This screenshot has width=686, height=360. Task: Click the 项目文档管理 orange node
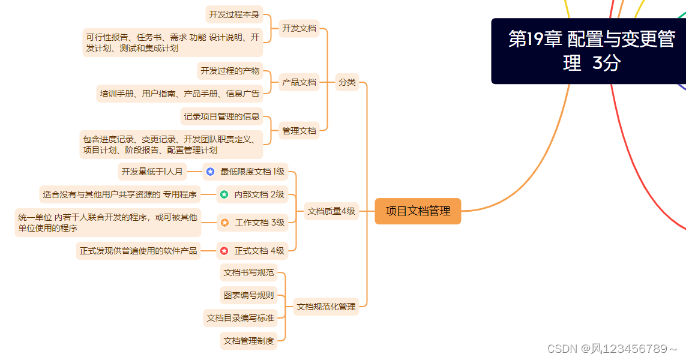click(418, 211)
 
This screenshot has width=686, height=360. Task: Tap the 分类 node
click(347, 82)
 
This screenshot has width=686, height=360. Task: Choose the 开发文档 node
click(299, 28)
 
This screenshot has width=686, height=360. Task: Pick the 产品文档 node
click(299, 82)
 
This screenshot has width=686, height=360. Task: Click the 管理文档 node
click(299, 131)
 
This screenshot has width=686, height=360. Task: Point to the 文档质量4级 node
click(331, 211)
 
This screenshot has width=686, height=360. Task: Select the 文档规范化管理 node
click(326, 307)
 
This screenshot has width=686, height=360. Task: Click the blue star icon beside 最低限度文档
click(210, 172)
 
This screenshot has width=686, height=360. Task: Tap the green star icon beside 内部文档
click(224, 194)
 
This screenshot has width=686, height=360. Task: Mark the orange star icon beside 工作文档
click(224, 223)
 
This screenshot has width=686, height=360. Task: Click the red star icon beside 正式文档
click(224, 251)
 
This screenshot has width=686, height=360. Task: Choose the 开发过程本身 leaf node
click(234, 14)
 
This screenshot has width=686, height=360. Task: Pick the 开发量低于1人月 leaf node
click(152, 172)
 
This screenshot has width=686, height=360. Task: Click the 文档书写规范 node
click(248, 272)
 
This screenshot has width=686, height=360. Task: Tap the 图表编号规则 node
click(248, 295)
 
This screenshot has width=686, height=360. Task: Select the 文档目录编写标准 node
click(240, 318)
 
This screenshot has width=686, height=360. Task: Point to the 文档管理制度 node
click(248, 341)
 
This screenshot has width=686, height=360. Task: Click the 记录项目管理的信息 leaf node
click(221, 116)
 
